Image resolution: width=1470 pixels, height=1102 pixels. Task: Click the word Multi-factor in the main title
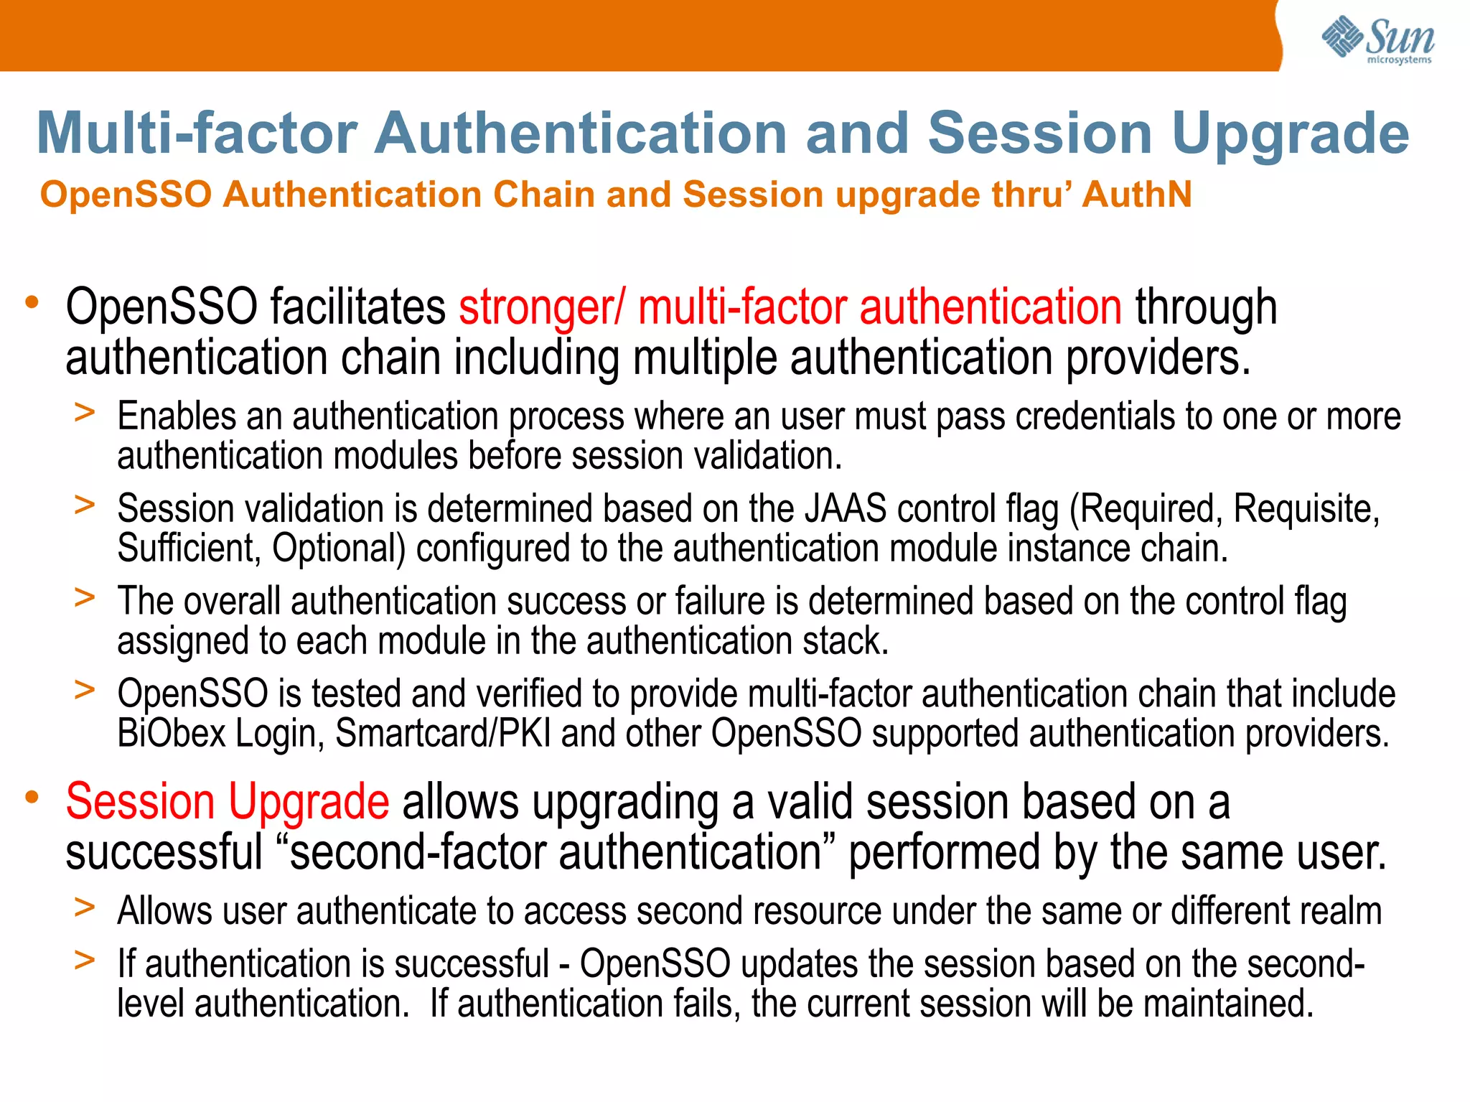[x=197, y=134]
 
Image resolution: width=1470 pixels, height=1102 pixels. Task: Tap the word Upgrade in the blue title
[x=1291, y=134]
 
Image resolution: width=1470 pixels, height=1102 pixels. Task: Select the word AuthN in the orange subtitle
[x=1137, y=195]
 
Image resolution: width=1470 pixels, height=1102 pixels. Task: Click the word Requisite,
[x=1306, y=509]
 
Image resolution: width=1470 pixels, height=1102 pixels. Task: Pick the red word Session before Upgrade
[x=140, y=801]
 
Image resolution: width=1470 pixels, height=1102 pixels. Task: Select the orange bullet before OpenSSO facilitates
[x=32, y=302]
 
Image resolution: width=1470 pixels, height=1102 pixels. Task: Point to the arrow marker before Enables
[x=85, y=413]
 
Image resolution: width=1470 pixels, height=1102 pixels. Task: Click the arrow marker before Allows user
[x=85, y=907]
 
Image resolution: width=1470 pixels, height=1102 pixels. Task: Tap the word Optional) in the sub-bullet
[x=339, y=548]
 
